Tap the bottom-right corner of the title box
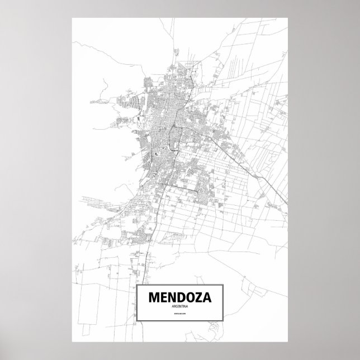[x=222, y=329]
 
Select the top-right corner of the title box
[x=222, y=286]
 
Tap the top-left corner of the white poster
[x=72, y=17]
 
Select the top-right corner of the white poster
[x=287, y=17]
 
